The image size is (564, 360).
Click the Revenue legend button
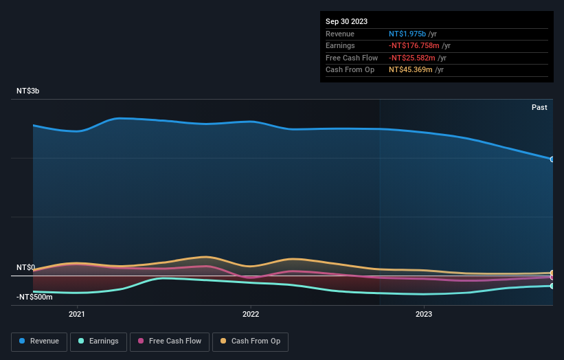tap(39, 341)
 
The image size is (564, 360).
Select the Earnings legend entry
tap(98, 341)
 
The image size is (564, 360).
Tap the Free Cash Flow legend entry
tap(169, 341)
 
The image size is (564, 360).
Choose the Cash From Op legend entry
tap(250, 341)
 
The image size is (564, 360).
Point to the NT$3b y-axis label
tap(28, 91)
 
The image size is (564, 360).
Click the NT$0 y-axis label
tap(26, 267)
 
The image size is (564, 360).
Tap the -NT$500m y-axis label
tap(34, 297)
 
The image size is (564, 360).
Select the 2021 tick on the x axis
tap(77, 315)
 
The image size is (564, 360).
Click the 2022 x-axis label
tap(251, 315)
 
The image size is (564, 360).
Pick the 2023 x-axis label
tap(424, 315)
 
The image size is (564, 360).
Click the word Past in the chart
tap(539, 107)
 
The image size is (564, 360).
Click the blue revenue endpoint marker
tap(552, 159)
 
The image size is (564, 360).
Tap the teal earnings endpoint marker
tap(552, 286)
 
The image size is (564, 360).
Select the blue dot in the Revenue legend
tap(23, 341)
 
